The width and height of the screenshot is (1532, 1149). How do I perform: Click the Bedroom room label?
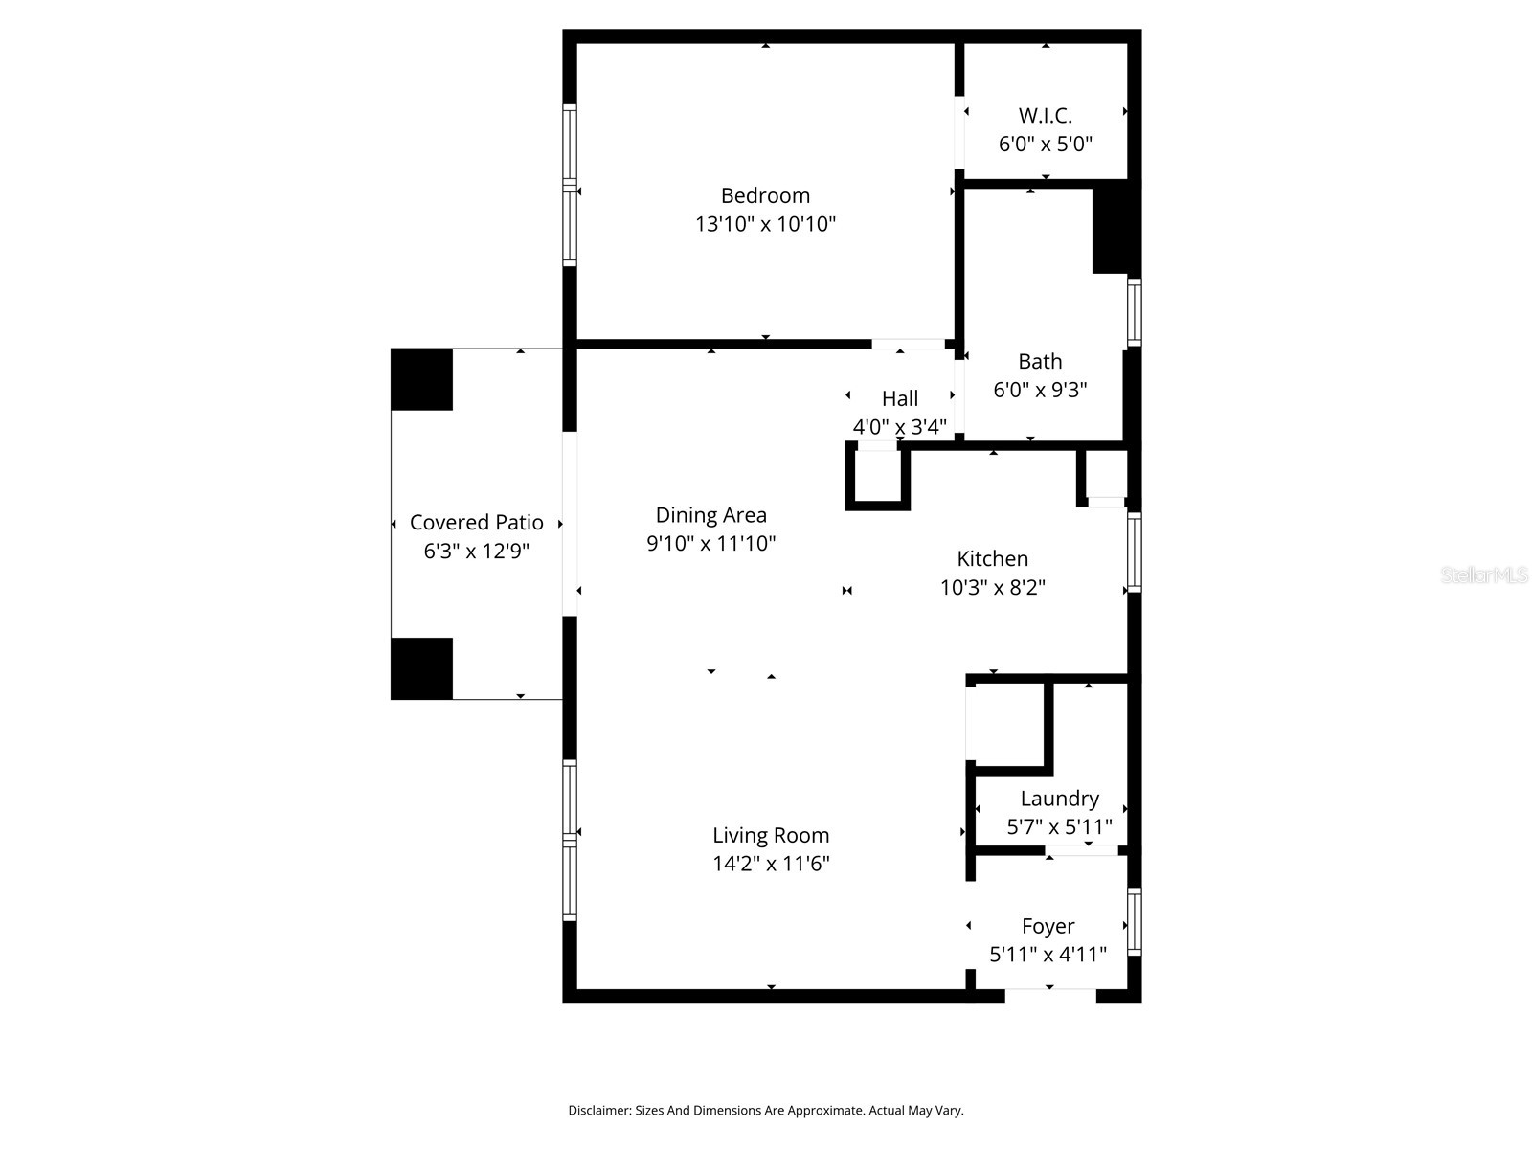click(765, 195)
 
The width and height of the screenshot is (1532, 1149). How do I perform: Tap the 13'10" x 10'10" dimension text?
click(765, 224)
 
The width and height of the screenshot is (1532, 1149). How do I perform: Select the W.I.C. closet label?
click(1045, 115)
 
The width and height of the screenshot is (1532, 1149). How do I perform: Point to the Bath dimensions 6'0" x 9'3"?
click(1040, 390)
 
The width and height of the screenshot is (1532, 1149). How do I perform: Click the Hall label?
click(899, 398)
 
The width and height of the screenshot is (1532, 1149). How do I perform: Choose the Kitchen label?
click(992, 558)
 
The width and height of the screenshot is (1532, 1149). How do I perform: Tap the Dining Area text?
click(710, 515)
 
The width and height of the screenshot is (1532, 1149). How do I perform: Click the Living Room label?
click(770, 835)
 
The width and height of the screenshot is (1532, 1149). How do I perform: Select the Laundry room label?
click(1059, 799)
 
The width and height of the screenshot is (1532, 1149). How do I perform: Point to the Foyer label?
click(1048, 926)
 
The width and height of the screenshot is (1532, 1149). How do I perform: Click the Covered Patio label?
click(476, 523)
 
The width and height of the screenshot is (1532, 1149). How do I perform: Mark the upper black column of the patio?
click(421, 379)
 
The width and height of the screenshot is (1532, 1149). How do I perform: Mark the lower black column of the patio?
click(421, 668)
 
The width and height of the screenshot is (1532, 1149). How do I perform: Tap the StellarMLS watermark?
click(1484, 574)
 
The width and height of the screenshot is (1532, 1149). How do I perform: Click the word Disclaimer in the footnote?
click(598, 1111)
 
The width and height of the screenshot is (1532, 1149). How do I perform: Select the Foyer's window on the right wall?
click(1134, 922)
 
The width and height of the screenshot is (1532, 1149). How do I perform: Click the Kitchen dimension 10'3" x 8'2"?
click(992, 587)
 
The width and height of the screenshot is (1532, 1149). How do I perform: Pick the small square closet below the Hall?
click(877, 476)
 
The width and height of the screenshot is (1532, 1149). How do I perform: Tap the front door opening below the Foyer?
click(1049, 995)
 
